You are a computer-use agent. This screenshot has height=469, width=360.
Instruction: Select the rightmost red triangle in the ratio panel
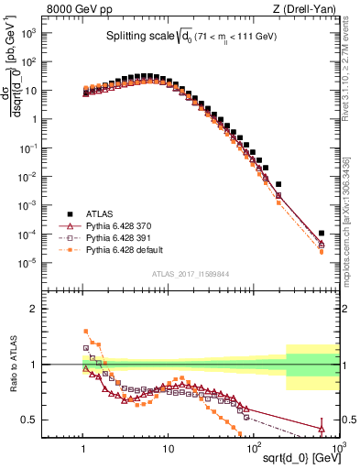(x=322, y=428)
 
